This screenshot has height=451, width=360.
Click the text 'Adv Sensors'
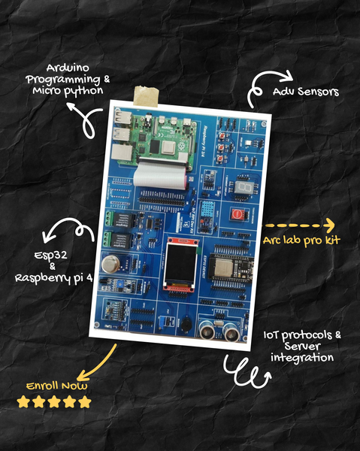click(306, 92)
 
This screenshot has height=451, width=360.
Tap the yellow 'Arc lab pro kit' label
click(301, 240)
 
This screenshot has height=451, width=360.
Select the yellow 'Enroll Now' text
click(56, 386)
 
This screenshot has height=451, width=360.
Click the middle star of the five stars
click(54, 402)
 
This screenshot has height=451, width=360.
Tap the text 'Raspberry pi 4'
click(53, 277)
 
